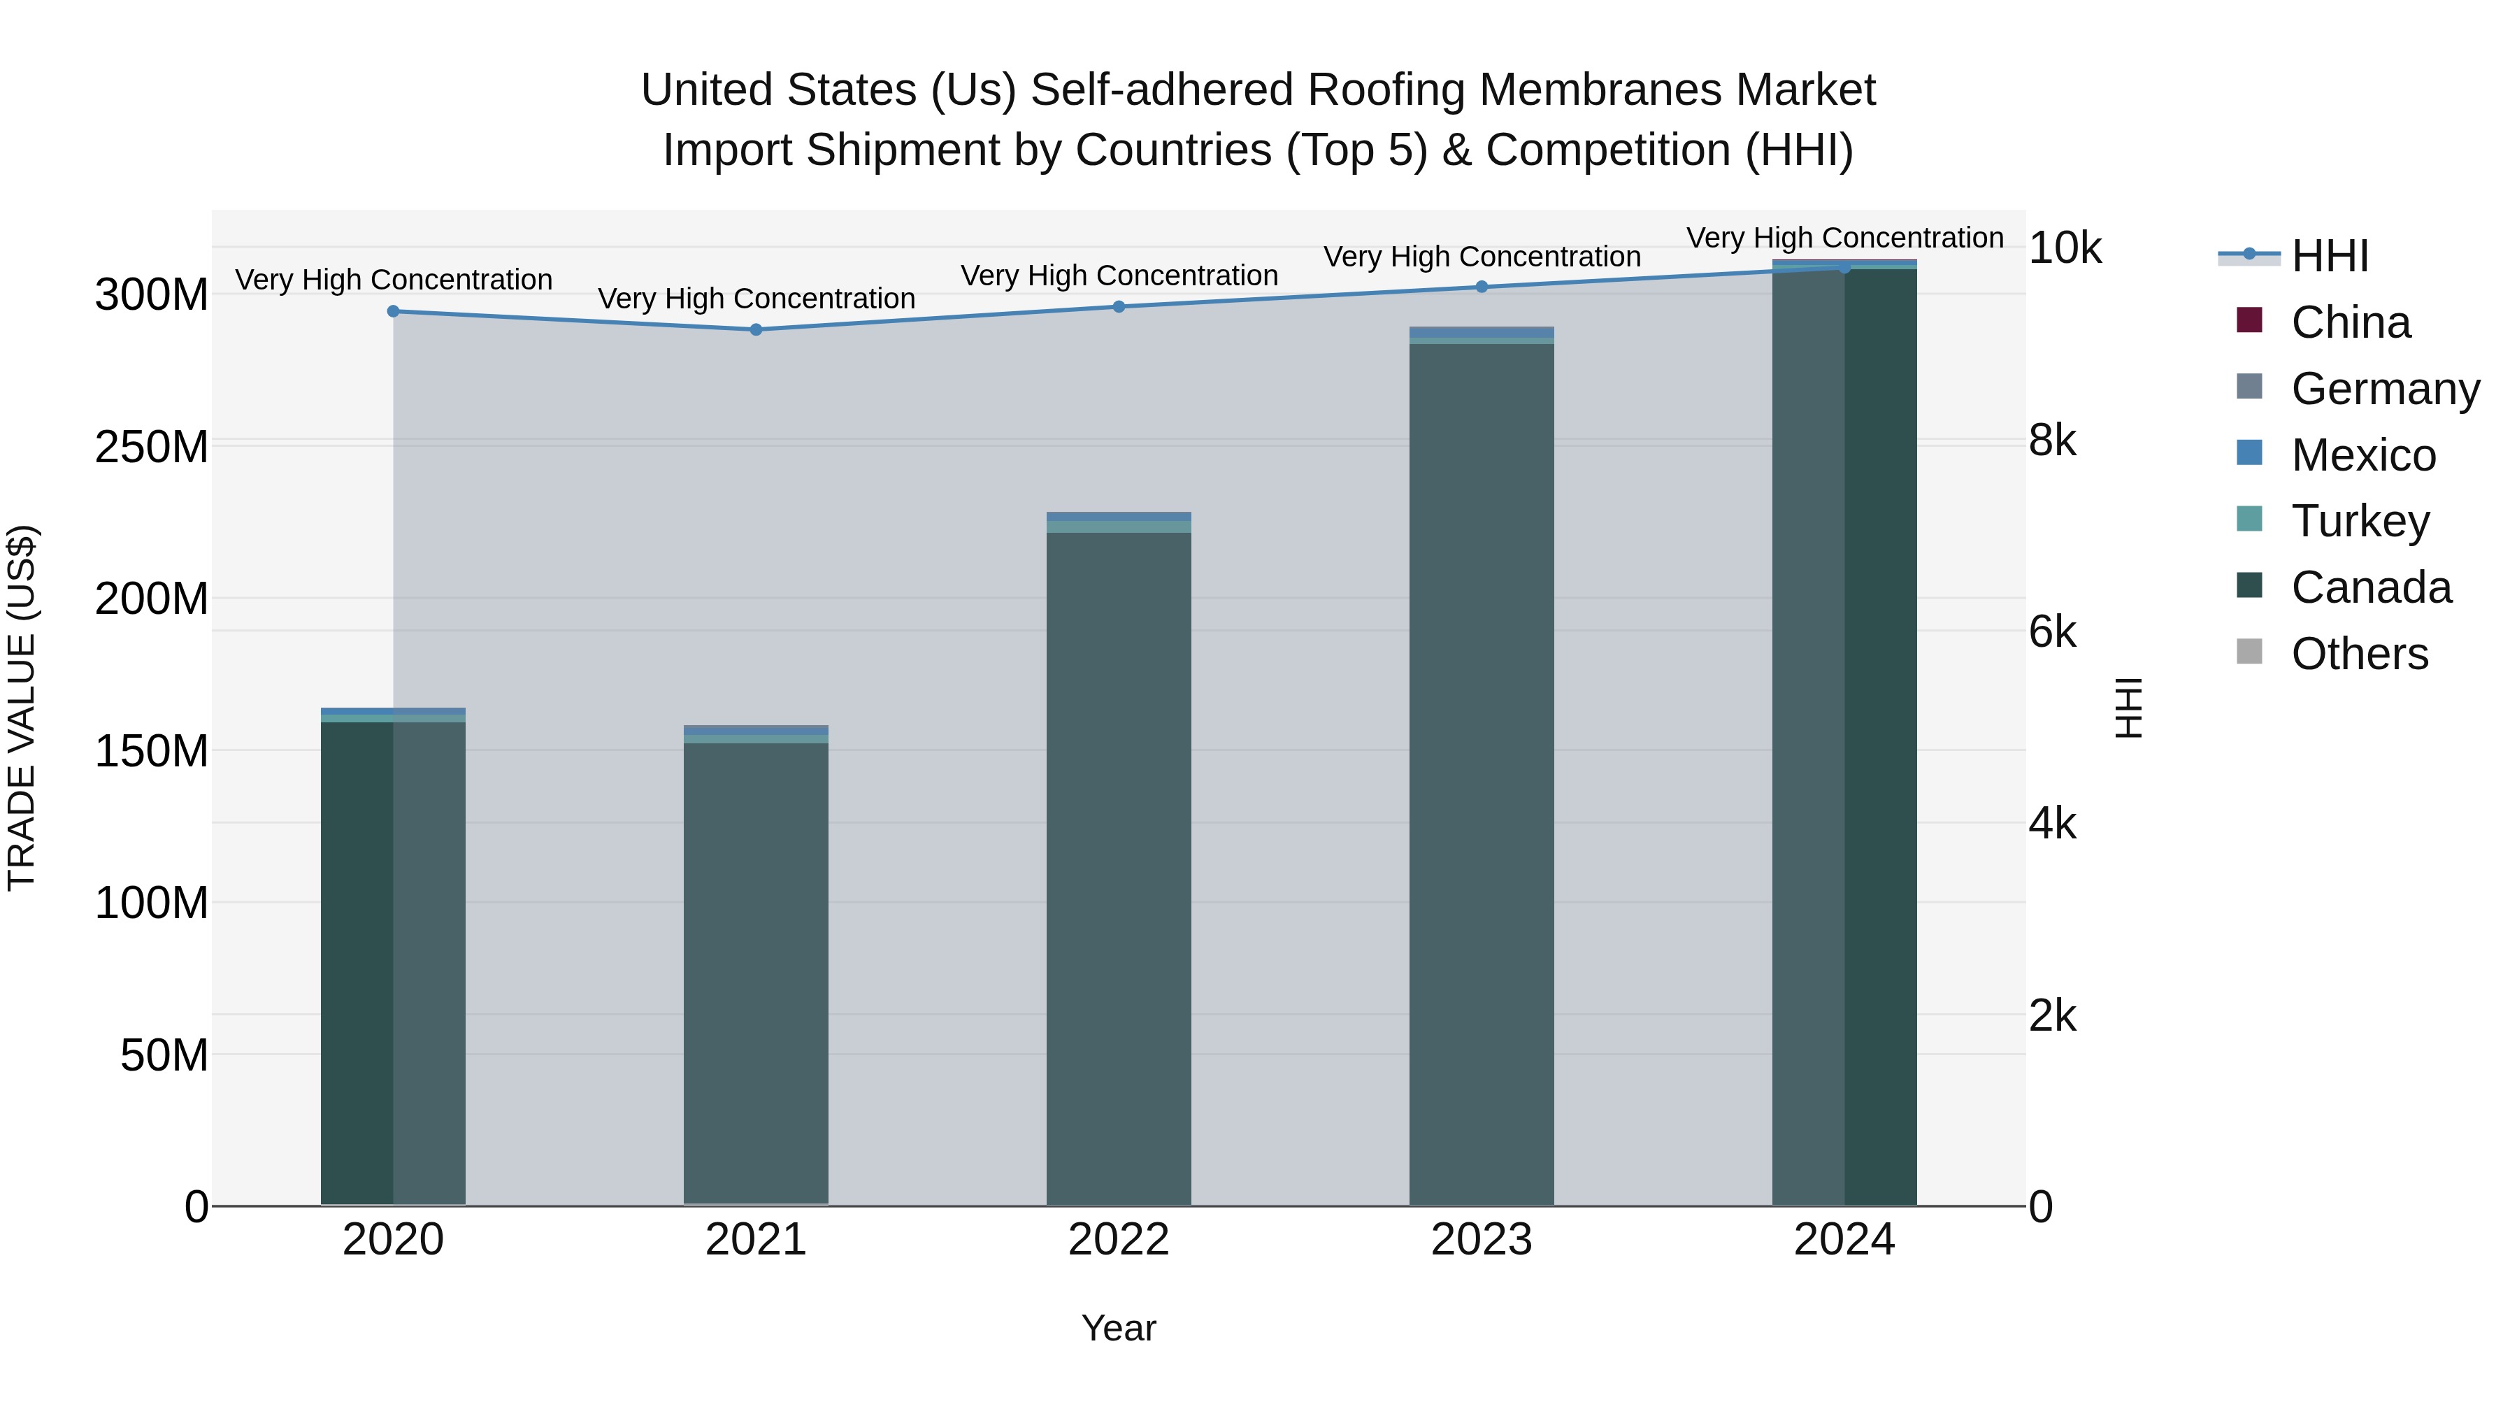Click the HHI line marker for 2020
coord(394,312)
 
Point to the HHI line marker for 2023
coord(1482,287)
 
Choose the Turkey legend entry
coord(2360,521)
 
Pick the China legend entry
coord(2350,322)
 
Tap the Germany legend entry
coord(2384,389)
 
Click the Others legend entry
coord(2359,654)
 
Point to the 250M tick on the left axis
coord(152,448)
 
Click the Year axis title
coord(1119,1328)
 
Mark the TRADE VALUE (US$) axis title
coord(22,708)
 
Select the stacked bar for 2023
coord(1482,772)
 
